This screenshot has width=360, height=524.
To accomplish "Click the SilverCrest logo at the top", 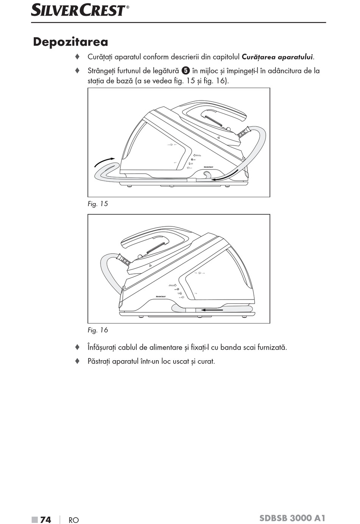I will click(x=80, y=10).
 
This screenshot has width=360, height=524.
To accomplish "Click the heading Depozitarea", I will click(x=70, y=42).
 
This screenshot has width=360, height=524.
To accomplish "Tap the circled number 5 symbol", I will click(x=185, y=71).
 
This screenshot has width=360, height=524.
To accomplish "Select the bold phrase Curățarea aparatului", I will click(x=277, y=57).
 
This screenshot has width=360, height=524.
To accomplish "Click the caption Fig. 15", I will click(x=98, y=204).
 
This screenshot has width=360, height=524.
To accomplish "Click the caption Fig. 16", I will click(x=98, y=330).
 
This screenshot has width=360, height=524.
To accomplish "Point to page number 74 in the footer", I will click(x=45, y=519).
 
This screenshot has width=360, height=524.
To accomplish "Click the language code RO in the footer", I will click(x=74, y=520).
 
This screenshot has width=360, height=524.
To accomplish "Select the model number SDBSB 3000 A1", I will click(x=292, y=518).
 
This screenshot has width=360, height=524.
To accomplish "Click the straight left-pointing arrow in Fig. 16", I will click(x=212, y=310).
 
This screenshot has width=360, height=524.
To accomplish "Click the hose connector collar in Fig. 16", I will click(x=124, y=260).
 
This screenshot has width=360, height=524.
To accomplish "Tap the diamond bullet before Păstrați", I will click(x=77, y=361).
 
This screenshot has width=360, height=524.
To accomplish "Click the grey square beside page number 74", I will click(x=35, y=519).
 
